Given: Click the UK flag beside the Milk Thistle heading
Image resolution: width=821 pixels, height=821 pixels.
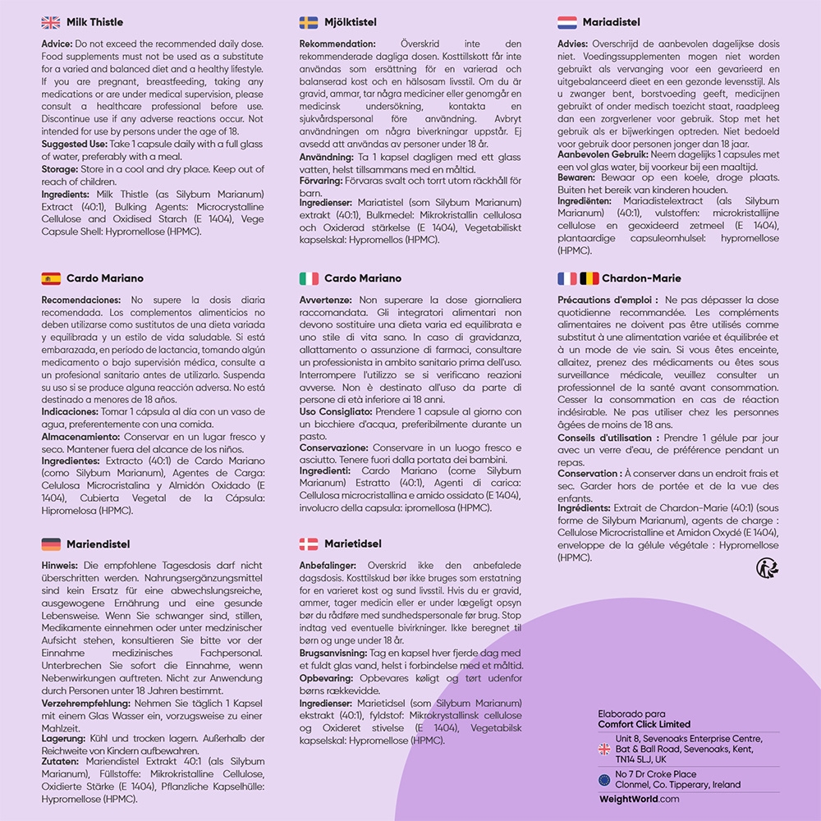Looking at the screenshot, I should (50, 22).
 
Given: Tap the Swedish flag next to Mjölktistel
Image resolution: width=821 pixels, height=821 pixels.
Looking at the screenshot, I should (309, 22).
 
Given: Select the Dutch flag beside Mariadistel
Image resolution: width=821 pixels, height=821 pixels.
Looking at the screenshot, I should (566, 22).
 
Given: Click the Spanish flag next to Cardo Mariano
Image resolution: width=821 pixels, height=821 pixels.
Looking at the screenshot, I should (50, 278).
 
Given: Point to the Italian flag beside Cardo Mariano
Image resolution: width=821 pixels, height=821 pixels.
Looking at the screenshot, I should (309, 278).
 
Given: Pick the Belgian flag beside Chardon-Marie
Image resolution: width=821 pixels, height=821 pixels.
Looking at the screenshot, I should (589, 278).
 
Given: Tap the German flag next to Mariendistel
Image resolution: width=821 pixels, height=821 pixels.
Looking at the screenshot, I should (50, 544).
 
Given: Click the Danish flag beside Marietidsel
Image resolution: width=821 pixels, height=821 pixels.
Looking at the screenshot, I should (309, 544).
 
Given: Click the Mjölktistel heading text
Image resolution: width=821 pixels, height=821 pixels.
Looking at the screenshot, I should (351, 22).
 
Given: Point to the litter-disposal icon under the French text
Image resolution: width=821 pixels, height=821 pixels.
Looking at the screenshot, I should (767, 567).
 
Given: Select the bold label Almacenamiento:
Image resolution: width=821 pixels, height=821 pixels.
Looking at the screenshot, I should (81, 438).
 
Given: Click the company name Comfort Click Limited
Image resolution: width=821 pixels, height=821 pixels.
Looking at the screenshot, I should (644, 724).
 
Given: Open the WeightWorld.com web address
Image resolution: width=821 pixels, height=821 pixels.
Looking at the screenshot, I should (640, 799).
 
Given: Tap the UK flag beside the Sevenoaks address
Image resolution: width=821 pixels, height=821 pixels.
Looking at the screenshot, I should (604, 749).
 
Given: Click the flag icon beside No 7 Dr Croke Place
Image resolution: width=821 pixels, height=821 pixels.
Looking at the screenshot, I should (604, 779).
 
